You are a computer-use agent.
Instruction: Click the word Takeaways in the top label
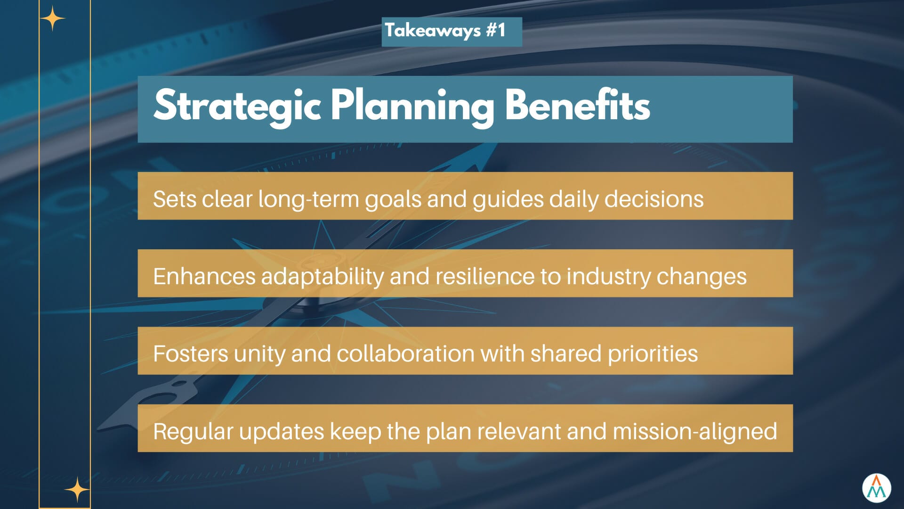pyautogui.click(x=433, y=31)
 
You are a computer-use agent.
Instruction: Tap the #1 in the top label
pyautogui.click(x=496, y=30)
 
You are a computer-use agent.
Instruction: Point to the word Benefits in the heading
pyautogui.click(x=577, y=105)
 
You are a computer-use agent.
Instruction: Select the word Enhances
pyautogui.click(x=204, y=276)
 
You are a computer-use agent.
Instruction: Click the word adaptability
pyautogui.click(x=323, y=277)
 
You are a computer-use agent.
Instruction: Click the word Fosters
pyautogui.click(x=191, y=353)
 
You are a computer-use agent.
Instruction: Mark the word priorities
pyautogui.click(x=653, y=354)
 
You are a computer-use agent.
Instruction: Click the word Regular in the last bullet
pyautogui.click(x=193, y=432)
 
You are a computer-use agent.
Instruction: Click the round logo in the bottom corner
pyautogui.click(x=877, y=488)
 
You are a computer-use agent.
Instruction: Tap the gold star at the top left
pyautogui.click(x=52, y=19)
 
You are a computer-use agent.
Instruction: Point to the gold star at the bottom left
pyautogui.click(x=77, y=490)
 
